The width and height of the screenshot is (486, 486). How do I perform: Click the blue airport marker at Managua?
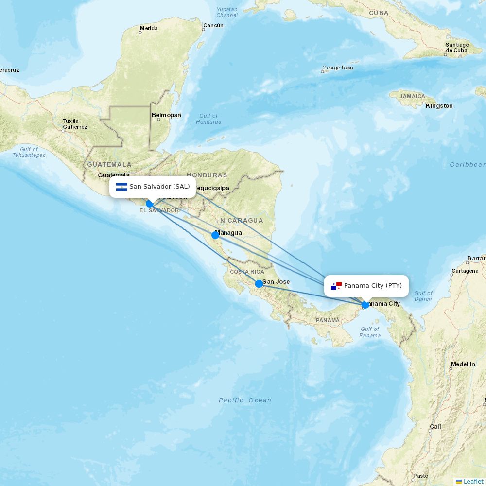click(215, 235)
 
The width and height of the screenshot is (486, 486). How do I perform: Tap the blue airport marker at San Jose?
click(259, 283)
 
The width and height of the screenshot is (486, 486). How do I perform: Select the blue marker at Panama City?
click(365, 305)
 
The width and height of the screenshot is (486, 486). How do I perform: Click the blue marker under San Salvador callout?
click(150, 204)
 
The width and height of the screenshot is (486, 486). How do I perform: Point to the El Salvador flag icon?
click(121, 187)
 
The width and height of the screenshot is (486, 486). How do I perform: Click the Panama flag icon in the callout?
click(336, 286)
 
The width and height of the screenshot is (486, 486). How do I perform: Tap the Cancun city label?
click(213, 25)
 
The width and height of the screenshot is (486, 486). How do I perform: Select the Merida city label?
click(149, 28)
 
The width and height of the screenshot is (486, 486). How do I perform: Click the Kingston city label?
click(439, 106)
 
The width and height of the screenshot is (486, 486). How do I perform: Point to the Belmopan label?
click(166, 115)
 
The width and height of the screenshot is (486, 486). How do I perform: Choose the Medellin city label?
click(463, 364)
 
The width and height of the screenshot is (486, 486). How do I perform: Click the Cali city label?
click(435, 427)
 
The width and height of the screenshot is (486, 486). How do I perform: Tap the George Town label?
click(338, 68)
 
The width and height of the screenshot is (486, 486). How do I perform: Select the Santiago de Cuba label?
click(457, 48)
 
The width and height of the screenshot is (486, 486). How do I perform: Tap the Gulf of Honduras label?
click(208, 119)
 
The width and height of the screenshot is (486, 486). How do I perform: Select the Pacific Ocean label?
click(245, 400)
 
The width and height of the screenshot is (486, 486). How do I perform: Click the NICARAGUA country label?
click(241, 221)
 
